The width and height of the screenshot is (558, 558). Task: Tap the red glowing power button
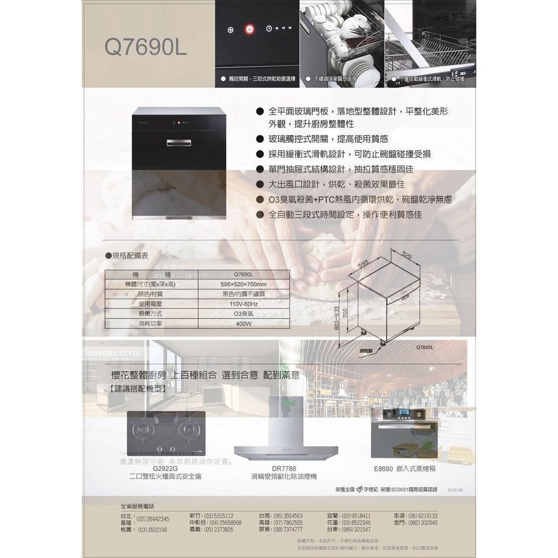point(249,28)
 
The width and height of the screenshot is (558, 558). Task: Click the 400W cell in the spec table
point(244,324)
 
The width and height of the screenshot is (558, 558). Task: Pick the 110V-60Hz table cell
point(244,304)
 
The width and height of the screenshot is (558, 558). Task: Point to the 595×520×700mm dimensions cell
point(244,285)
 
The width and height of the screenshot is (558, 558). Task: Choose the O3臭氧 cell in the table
point(244,314)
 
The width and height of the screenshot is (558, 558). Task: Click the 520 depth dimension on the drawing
point(407,254)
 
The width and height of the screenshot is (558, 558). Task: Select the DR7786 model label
point(284,469)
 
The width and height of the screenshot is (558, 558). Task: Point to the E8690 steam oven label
point(406,469)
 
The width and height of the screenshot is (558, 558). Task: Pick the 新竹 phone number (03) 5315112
point(211,516)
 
